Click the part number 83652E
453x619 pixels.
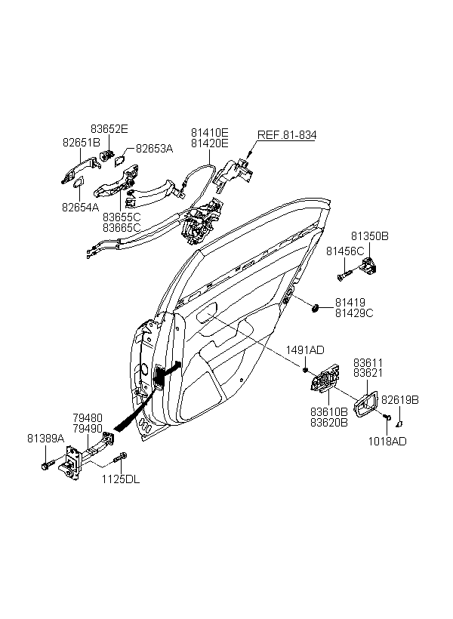click(109, 129)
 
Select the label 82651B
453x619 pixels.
click(82, 142)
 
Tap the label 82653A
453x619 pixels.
click(155, 149)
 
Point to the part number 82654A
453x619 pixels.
click(81, 207)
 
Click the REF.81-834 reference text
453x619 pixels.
click(287, 135)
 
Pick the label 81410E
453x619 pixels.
click(210, 132)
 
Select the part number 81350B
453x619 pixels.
click(370, 236)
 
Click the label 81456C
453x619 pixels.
click(345, 251)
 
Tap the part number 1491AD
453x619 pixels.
click(305, 350)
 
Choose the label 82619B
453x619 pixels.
click(400, 400)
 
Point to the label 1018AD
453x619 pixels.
click(387, 441)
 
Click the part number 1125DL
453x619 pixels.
click(121, 479)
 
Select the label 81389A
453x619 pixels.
click(46, 438)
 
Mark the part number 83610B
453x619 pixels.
click(329, 411)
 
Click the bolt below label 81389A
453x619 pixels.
click(46, 466)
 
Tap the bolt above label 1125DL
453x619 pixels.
click(120, 458)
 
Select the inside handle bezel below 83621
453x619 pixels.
click(366, 405)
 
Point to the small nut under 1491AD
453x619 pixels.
click(305, 369)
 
